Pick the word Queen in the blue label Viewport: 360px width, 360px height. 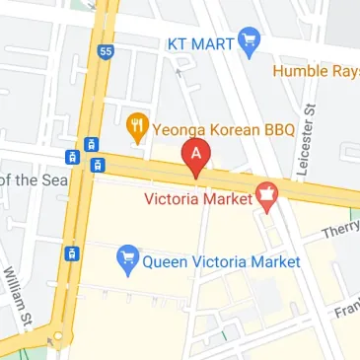[x=166, y=262]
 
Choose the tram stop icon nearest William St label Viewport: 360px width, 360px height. [x=71, y=253]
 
